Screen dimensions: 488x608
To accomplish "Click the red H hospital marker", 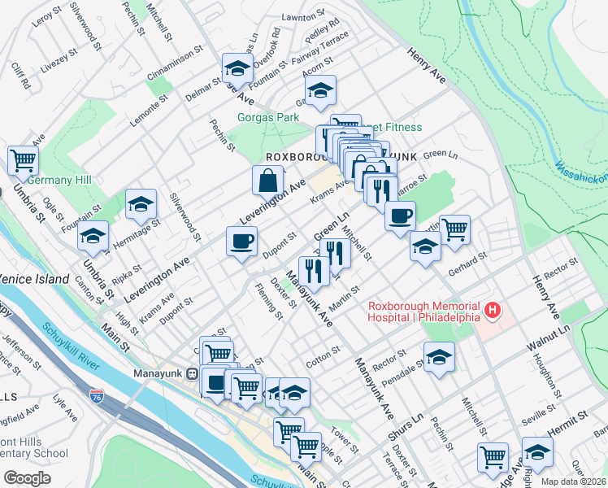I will [492, 310].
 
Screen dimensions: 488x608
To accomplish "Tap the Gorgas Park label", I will [264, 117].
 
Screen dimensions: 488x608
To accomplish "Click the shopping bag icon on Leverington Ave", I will [267, 180].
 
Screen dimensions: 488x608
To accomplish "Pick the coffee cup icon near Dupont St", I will [241, 242].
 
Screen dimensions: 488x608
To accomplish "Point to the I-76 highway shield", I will [97, 396].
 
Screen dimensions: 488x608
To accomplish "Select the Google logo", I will [27, 478].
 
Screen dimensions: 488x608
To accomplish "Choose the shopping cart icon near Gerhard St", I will [454, 229].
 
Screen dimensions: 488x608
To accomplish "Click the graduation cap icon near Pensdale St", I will [439, 356].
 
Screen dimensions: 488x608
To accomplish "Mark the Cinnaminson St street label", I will [173, 64].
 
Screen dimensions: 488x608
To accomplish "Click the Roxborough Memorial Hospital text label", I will [423, 312].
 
